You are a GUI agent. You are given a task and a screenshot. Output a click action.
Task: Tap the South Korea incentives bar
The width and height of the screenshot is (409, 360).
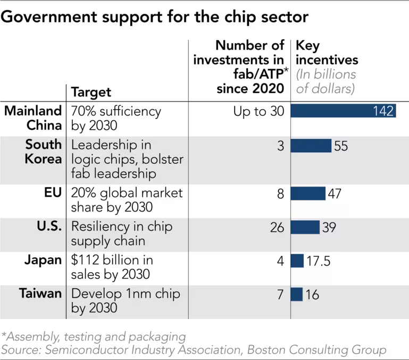tap(311, 146)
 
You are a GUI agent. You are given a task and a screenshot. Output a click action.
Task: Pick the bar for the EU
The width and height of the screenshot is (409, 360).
tap(308, 193)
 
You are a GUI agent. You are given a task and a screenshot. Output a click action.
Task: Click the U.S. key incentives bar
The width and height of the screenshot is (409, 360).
tap(305, 227)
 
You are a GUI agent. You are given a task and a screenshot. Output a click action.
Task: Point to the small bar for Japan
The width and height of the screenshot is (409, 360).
tap(297, 261)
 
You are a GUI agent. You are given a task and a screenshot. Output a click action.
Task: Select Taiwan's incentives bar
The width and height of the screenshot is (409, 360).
tap(297, 294)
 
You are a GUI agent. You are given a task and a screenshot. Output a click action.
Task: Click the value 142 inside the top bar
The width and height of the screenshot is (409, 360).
tap(383, 111)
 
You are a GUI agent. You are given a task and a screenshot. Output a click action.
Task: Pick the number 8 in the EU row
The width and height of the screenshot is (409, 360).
tap(280, 193)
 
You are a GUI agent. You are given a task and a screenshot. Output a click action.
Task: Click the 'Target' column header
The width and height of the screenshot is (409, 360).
tap(91, 92)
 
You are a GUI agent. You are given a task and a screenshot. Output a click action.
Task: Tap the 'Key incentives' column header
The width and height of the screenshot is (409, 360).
tap(326, 52)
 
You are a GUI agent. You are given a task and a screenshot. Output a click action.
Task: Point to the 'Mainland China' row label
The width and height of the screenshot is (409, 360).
tap(34, 118)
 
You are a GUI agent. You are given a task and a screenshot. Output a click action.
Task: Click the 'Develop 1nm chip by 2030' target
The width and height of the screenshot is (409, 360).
tap(126, 300)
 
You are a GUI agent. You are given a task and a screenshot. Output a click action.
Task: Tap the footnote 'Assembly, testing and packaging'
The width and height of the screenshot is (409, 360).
tap(94, 336)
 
